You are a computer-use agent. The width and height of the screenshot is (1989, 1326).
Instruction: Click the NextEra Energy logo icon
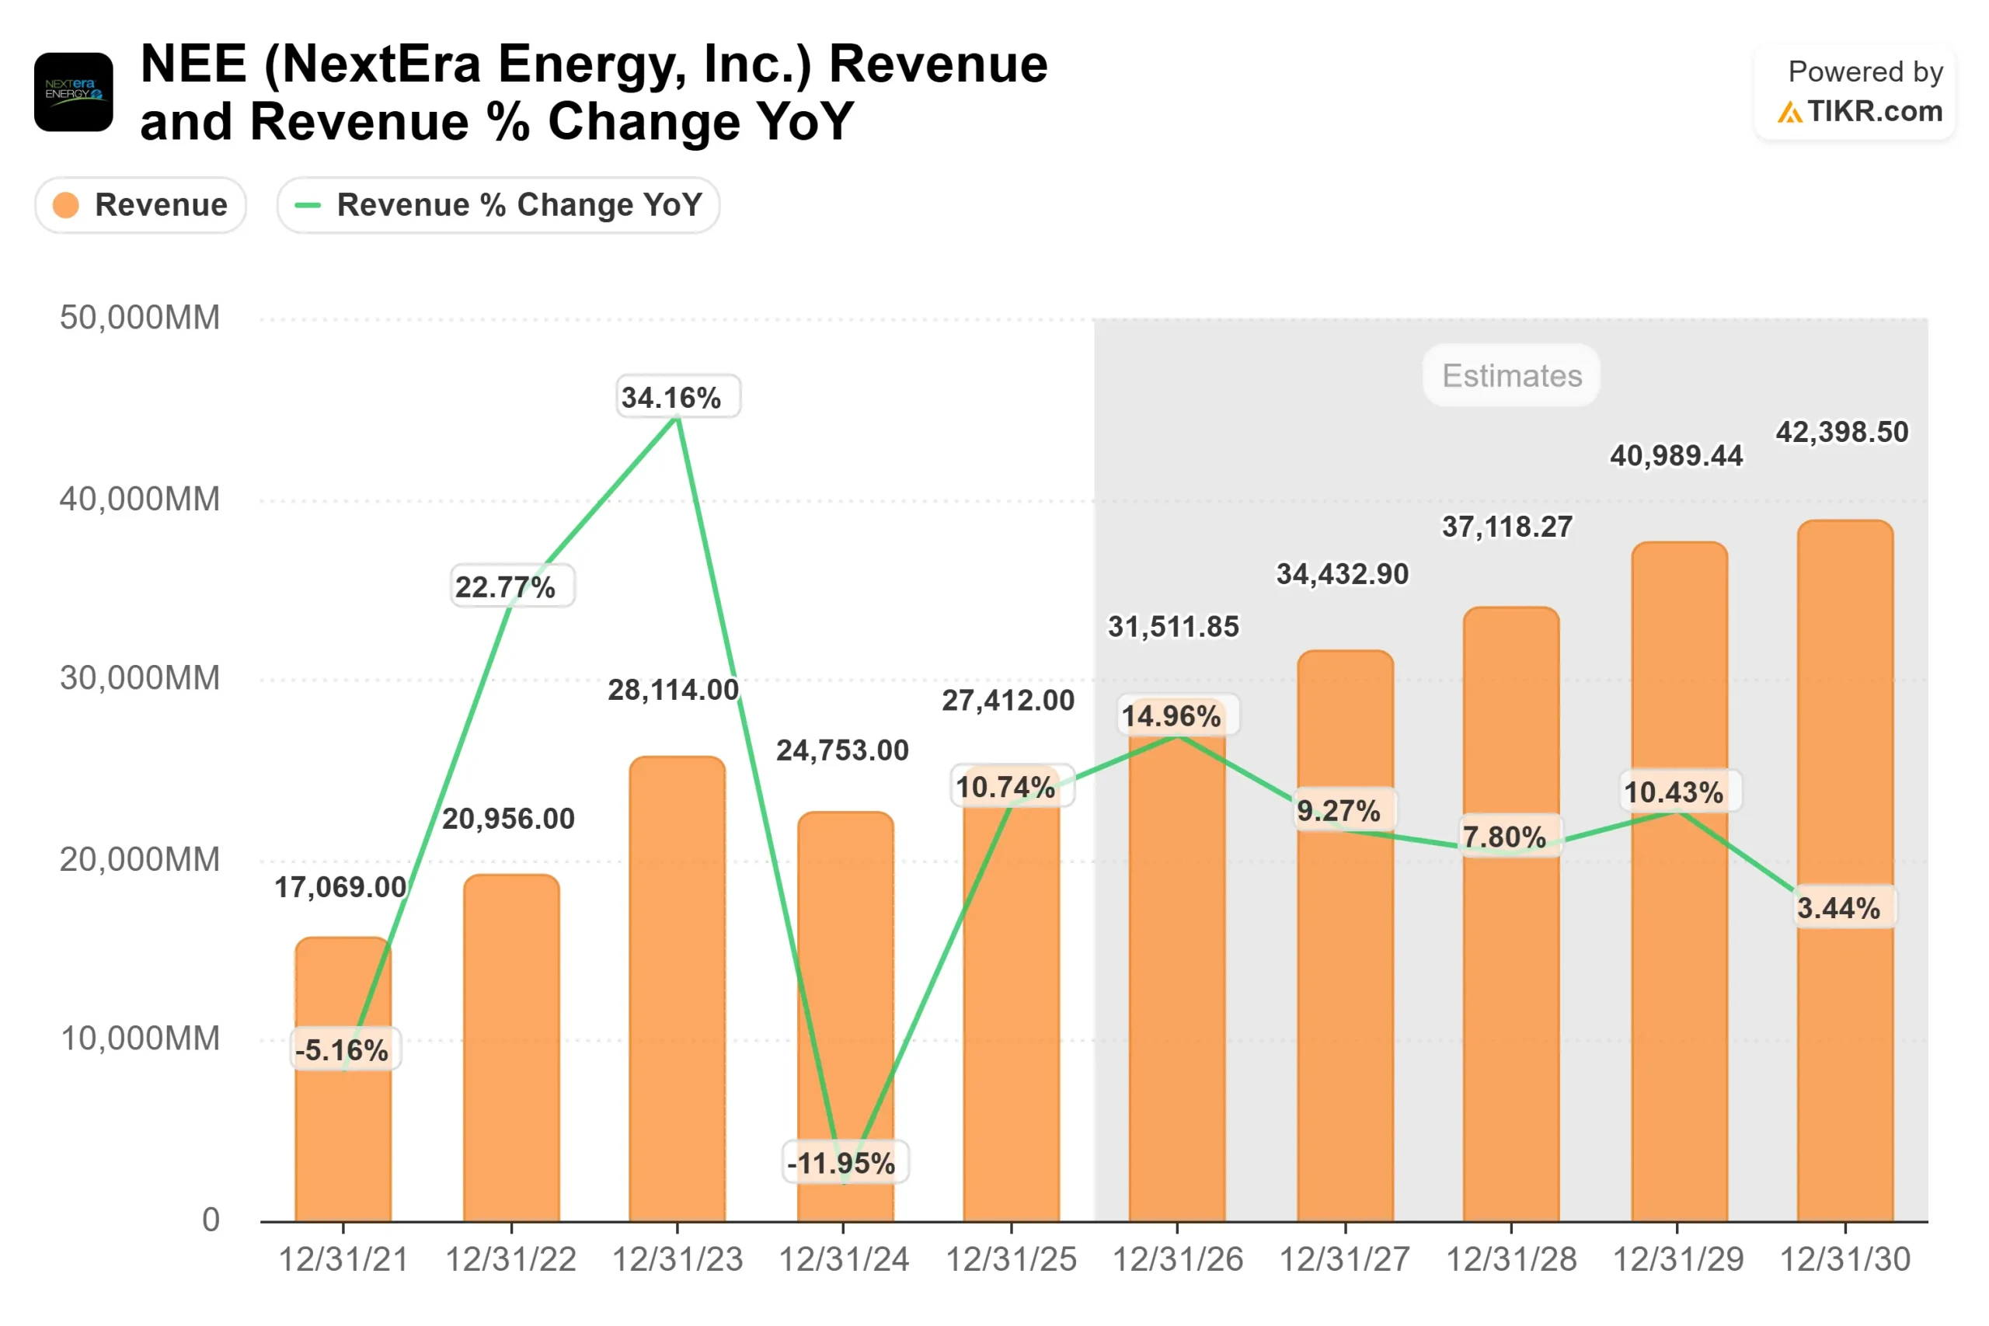(74, 92)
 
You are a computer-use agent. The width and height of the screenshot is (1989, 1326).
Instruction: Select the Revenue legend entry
(141, 204)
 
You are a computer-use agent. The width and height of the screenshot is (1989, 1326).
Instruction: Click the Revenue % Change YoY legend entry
(498, 204)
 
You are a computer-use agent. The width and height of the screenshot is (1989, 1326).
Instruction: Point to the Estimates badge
(1511, 375)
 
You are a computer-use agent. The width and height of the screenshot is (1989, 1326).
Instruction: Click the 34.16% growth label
(671, 397)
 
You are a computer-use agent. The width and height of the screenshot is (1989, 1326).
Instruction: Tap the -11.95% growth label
(841, 1163)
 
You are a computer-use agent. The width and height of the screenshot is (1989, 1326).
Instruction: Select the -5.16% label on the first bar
(342, 1049)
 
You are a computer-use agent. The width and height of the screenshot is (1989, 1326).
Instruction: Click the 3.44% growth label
(1838, 907)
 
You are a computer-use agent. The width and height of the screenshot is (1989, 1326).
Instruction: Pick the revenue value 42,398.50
(1842, 432)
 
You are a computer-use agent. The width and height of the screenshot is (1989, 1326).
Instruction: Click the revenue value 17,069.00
(340, 886)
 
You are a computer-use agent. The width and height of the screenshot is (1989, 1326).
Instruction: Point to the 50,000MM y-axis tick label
(140, 318)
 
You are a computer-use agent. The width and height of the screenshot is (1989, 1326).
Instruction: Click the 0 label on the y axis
(211, 1220)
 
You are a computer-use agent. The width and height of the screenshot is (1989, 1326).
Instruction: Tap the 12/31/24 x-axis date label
(843, 1259)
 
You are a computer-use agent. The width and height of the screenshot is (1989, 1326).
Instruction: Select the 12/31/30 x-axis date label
(1844, 1259)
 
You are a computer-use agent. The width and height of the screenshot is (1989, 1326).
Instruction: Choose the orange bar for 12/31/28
(1510, 1015)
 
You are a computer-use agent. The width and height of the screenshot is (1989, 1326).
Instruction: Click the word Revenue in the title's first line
(938, 64)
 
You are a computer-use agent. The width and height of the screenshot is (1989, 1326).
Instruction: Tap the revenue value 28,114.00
(673, 690)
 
